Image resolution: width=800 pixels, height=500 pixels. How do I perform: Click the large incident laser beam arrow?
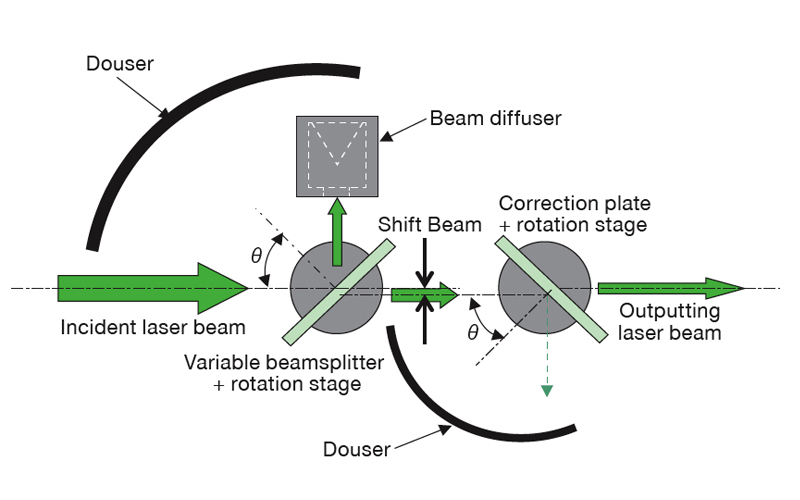[150, 288]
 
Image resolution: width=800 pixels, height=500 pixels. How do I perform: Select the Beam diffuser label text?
[495, 118]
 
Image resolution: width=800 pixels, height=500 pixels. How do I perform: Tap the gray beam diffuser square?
[336, 155]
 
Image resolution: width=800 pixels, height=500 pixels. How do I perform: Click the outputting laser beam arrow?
[670, 289]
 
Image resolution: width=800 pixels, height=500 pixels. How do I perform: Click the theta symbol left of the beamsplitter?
[256, 254]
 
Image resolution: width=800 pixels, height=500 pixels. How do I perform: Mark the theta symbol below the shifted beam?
[472, 332]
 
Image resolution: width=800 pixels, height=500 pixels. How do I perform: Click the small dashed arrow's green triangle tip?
[546, 390]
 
